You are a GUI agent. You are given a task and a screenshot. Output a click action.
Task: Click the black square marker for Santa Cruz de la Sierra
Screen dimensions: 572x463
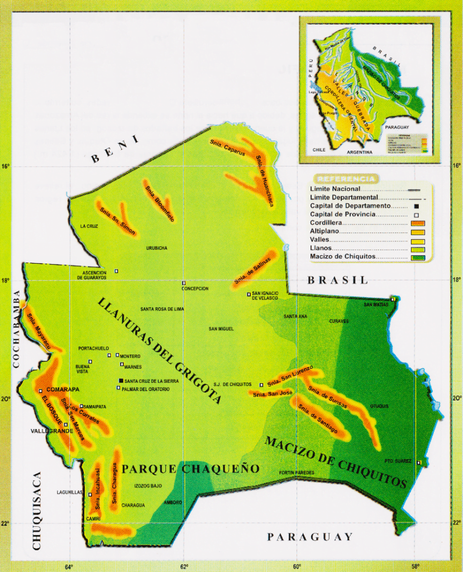click(121, 381)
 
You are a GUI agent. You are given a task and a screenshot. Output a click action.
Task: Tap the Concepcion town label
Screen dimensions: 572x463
click(194, 289)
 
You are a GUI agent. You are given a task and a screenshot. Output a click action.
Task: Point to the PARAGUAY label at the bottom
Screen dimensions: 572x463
click(309, 537)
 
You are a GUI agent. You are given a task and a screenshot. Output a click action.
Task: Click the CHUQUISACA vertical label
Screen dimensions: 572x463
click(37, 511)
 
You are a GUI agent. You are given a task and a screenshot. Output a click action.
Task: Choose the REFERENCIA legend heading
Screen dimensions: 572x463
click(346, 179)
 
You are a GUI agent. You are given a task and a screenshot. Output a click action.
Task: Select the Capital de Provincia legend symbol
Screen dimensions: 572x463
click(417, 215)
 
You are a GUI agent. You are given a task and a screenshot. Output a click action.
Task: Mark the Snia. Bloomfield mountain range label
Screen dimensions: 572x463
click(160, 201)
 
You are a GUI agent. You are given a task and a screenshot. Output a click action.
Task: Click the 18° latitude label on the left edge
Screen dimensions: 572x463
click(6, 280)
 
